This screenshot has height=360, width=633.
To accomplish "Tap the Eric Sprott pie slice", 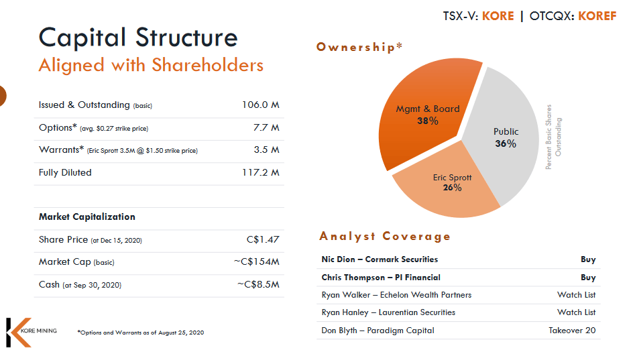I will click(x=449, y=188).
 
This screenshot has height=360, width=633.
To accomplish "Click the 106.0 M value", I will click(x=261, y=105).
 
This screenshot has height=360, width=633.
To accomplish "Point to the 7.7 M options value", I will click(x=266, y=127).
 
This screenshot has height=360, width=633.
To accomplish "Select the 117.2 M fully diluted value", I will click(x=261, y=173).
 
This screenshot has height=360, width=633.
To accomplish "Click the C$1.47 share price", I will click(x=263, y=239).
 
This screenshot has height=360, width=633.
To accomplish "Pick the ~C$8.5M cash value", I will click(x=258, y=285).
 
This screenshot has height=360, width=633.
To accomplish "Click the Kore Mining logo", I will click(x=30, y=332).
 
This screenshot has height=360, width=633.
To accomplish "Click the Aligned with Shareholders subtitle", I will click(x=151, y=65).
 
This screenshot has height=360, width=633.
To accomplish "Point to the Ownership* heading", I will click(x=359, y=47).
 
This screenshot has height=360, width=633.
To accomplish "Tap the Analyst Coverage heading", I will click(x=385, y=236).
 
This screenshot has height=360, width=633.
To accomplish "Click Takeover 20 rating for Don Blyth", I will click(x=571, y=330).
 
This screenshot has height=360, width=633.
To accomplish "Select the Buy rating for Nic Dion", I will click(x=588, y=259).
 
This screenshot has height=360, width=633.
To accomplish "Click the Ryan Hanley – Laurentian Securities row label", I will click(x=388, y=312).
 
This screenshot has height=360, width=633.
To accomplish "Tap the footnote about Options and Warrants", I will click(x=140, y=333).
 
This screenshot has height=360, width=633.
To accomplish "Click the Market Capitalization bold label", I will click(x=87, y=217).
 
